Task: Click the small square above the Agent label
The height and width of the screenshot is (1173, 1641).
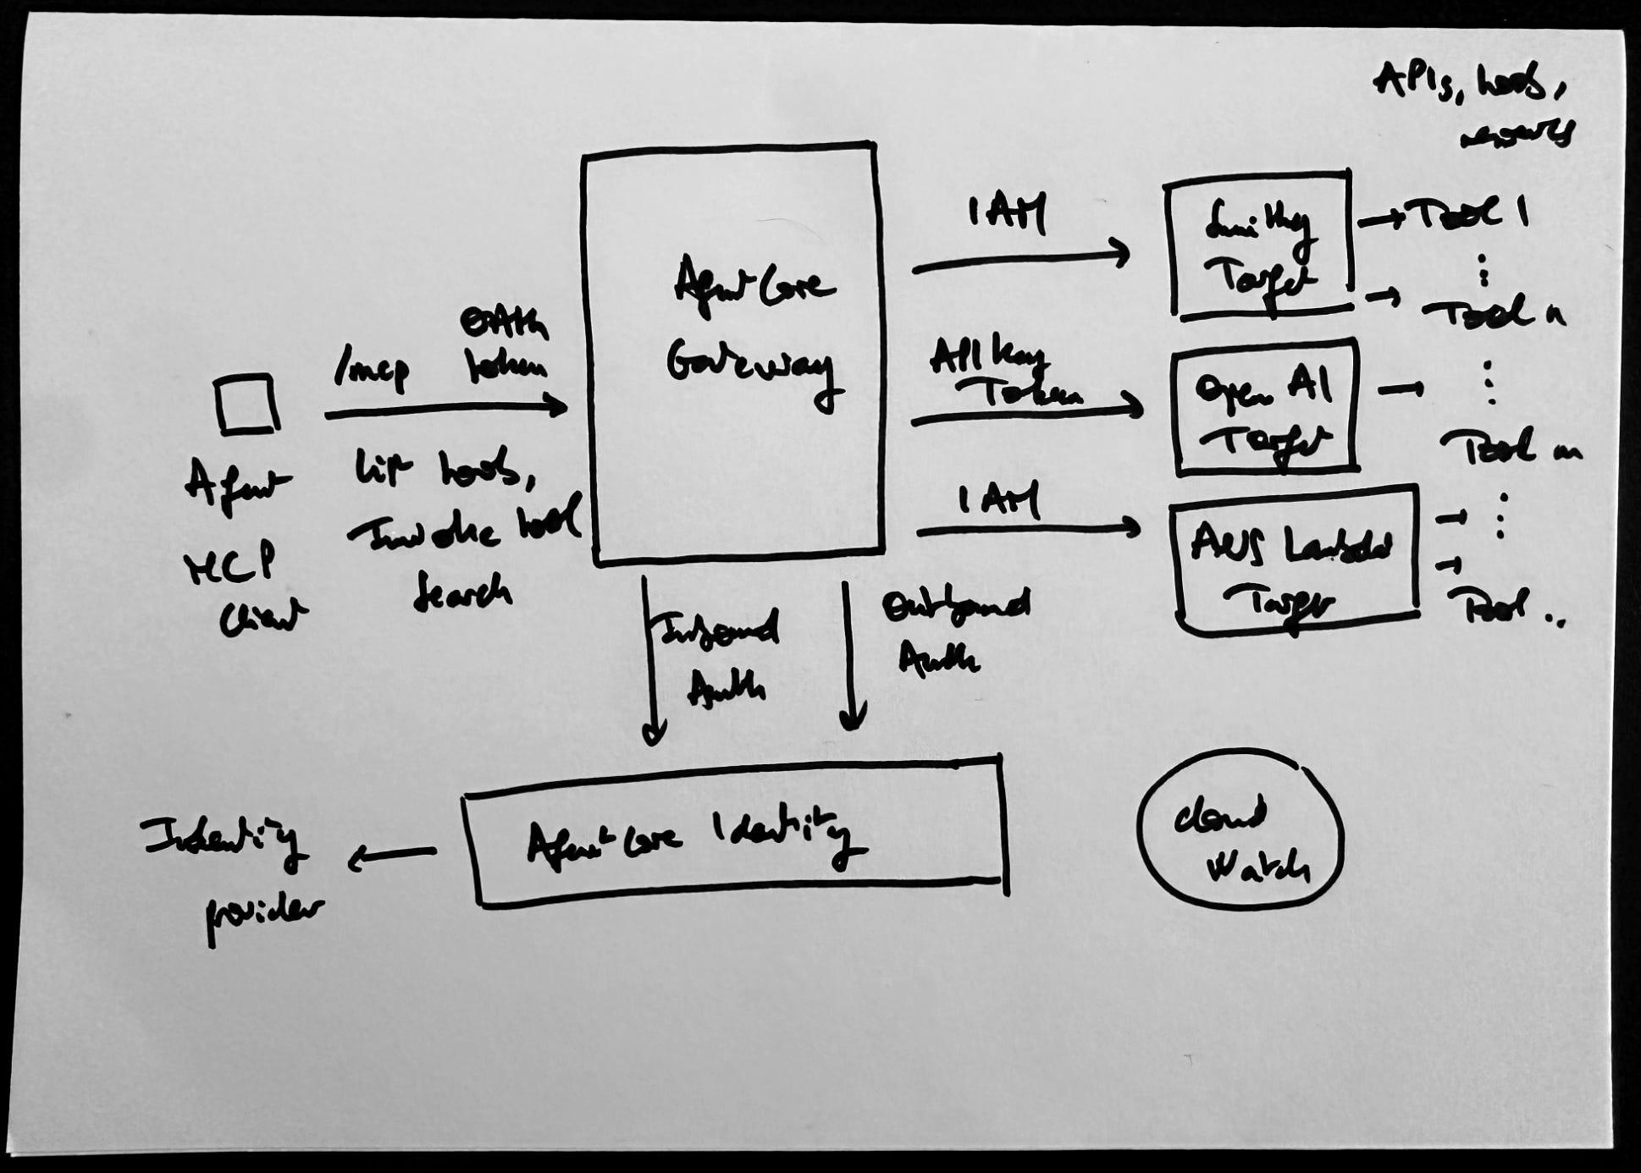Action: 246,405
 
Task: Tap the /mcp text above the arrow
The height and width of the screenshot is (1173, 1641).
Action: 371,369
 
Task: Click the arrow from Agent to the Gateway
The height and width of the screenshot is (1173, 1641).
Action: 445,410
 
